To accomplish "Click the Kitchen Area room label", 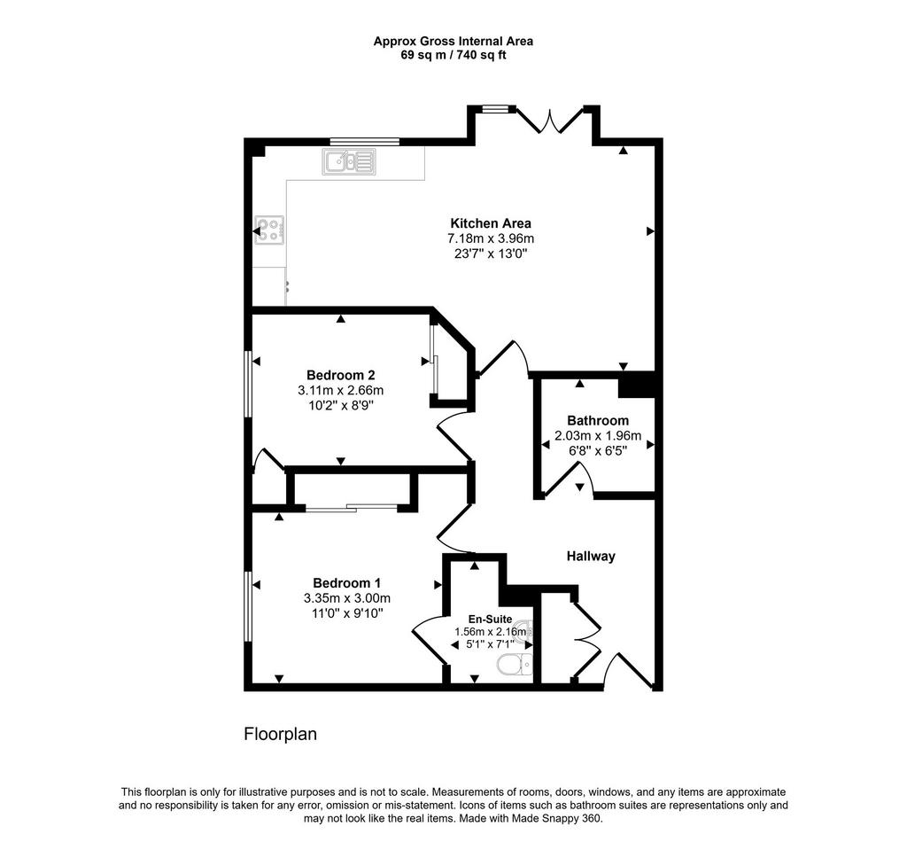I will pos(491,223).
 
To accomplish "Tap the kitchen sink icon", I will pos(350,160).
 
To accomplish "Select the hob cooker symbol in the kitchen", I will pos(270,230).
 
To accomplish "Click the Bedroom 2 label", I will pos(340,374).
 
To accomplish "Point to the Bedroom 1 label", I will pos(346,583).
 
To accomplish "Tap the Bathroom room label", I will pos(598,420).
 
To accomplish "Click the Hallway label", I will pos(591,557).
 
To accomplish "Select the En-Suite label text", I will pos(490,619).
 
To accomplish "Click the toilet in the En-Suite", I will pos(515,665).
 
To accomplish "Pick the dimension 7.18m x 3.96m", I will pos(491,239).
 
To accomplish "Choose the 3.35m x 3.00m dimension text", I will pos(346,598).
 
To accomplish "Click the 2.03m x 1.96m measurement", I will pos(598,435).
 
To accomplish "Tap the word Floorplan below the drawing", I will pos(280,734).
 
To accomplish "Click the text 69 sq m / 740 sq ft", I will pos(453,55).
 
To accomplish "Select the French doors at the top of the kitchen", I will pos(550,121).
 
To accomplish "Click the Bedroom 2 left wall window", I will pos(249,384).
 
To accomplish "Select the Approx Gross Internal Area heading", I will pos(453,41).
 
